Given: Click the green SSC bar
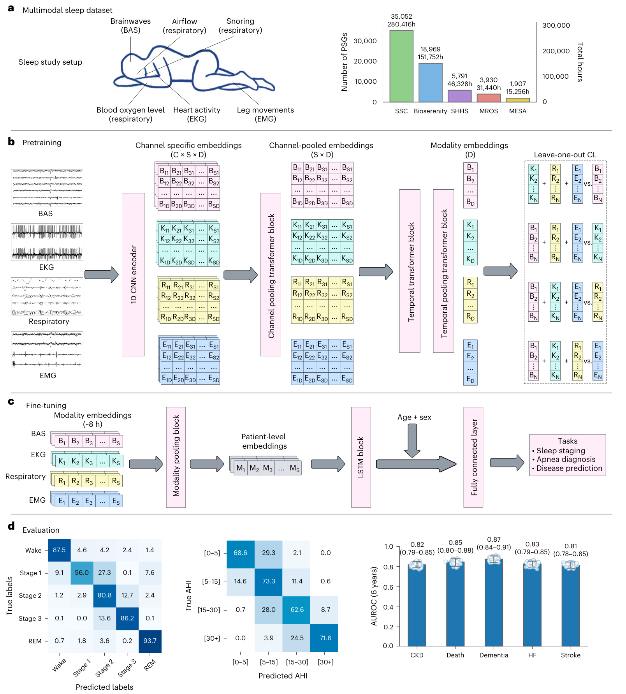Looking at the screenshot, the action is [x=401, y=66].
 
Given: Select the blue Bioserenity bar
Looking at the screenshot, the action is [x=431, y=83].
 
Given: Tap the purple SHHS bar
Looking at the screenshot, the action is [x=460, y=96].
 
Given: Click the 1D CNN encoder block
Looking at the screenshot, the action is [x=134, y=275].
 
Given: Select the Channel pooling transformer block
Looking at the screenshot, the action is [x=271, y=275].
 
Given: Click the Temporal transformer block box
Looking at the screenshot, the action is [x=410, y=271].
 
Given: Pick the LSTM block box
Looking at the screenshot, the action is [x=361, y=457].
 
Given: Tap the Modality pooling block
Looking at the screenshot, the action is [x=176, y=457].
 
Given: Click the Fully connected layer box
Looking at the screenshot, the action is [x=473, y=457].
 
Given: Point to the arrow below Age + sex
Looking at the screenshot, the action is [x=412, y=440].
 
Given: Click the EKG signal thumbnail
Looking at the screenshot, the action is [x=47, y=242].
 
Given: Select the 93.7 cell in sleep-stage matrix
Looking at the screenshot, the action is [x=150, y=641].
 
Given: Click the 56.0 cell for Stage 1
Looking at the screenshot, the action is [x=82, y=573].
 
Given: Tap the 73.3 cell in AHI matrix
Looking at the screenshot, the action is [x=269, y=581].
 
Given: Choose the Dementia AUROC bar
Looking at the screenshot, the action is [x=494, y=602].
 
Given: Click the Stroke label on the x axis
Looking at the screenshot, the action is [x=571, y=655].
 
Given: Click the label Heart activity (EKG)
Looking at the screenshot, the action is [x=197, y=114].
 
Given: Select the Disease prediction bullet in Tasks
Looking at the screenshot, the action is [x=567, y=468].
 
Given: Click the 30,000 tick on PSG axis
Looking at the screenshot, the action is [x=365, y=41].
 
